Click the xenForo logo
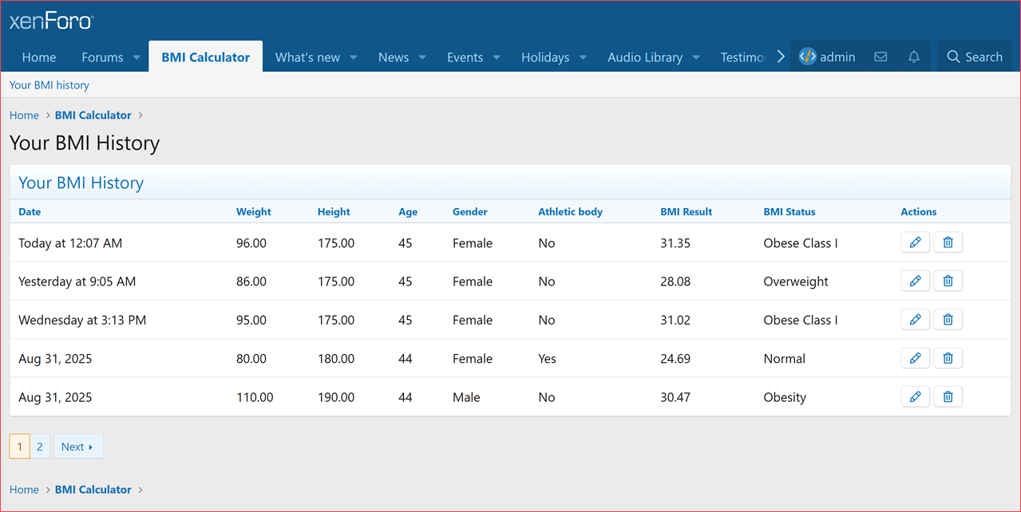(x=51, y=22)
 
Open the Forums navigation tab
(x=102, y=57)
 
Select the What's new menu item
(x=307, y=57)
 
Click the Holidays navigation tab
(x=545, y=57)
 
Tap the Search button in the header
(x=974, y=57)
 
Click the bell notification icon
(x=914, y=57)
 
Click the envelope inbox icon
(x=881, y=57)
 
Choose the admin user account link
(x=828, y=57)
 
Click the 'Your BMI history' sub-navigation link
(x=49, y=85)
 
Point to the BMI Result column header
(x=686, y=212)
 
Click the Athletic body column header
(x=570, y=212)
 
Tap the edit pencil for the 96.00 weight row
(x=915, y=242)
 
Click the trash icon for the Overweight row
(x=948, y=281)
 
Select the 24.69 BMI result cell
(x=675, y=359)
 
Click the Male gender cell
(x=466, y=397)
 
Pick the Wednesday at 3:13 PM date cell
(x=82, y=321)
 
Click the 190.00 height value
(x=336, y=397)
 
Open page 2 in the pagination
(x=40, y=447)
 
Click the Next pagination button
(x=77, y=447)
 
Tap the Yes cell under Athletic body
(x=547, y=359)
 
